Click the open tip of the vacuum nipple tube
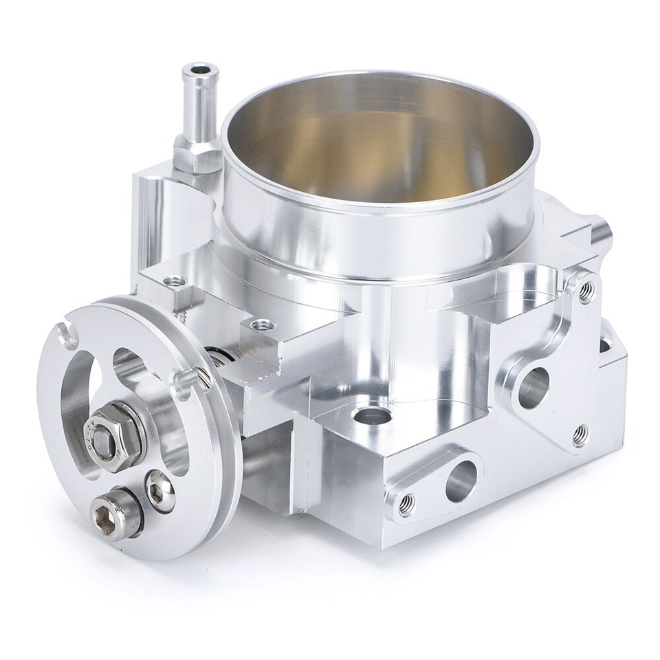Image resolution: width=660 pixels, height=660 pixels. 197,70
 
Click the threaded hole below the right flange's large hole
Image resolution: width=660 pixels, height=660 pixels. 580,434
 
